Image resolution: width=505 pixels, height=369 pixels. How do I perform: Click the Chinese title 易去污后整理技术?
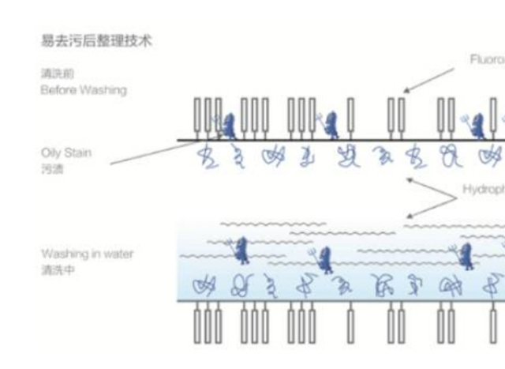[x=95, y=41]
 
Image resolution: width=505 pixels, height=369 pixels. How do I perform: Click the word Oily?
[x=50, y=152]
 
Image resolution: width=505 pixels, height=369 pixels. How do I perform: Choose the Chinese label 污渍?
[x=52, y=169]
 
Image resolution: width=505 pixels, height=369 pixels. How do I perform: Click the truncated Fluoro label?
[x=486, y=60]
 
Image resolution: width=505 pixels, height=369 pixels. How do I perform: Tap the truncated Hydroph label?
[x=483, y=190]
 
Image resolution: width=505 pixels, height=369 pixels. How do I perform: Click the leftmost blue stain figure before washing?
[x=227, y=125]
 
